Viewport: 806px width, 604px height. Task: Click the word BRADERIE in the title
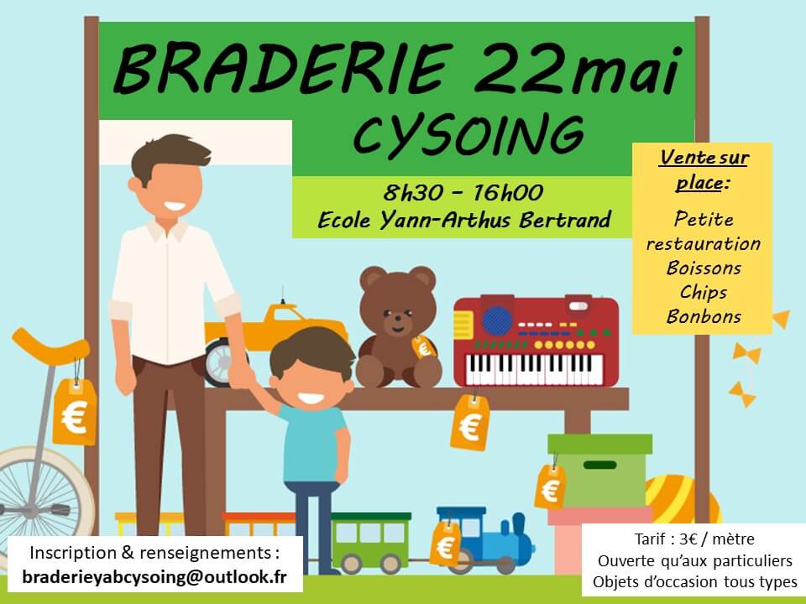coord(283,68)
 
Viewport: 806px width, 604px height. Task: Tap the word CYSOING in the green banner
coord(468,134)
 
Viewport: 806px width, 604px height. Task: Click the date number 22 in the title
coord(521,68)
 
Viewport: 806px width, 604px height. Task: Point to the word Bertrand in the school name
coord(565,220)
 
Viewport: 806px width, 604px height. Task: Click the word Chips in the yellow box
coord(704,293)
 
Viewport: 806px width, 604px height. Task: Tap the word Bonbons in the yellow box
coord(704,316)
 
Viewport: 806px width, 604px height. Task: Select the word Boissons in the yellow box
coord(704,268)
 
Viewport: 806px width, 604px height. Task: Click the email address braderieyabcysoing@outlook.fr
coord(154,577)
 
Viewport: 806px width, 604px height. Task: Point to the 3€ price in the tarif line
coord(688,539)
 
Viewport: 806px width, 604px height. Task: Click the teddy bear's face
coord(397,312)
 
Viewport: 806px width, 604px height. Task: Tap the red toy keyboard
coord(536,341)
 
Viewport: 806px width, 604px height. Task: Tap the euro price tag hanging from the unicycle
coord(75,412)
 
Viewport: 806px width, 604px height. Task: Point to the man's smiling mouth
coord(175,206)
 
